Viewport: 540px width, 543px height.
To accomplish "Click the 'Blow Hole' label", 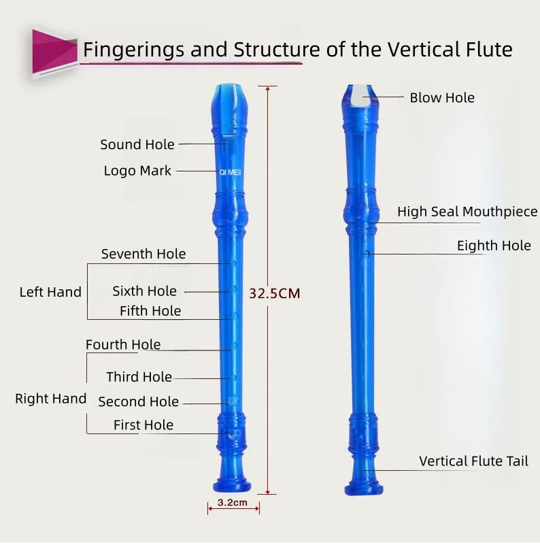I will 441,98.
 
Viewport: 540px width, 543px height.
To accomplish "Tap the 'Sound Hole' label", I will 137,144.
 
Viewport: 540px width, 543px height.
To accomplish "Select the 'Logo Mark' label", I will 137,171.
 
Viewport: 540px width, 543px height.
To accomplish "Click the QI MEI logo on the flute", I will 230,173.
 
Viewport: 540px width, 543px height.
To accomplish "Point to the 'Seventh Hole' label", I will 143,254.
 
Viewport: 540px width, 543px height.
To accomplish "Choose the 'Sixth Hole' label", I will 144,291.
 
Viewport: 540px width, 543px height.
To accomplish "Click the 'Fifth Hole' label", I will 150,311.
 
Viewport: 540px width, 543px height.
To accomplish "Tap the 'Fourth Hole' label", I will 123,344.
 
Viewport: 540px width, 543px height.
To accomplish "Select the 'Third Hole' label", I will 139,377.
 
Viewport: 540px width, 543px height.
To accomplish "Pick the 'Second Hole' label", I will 138,401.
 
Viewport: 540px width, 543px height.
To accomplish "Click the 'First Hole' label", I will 143,425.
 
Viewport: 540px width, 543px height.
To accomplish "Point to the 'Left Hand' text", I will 50,292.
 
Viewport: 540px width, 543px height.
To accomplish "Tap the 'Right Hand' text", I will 50,399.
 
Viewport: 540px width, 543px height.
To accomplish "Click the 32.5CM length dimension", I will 274,294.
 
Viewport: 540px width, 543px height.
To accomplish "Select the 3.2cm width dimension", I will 233,504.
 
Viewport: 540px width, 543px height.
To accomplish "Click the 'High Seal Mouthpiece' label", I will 467,212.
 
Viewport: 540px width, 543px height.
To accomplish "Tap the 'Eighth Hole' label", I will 493,246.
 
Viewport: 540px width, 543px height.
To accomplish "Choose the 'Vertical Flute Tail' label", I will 473,461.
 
